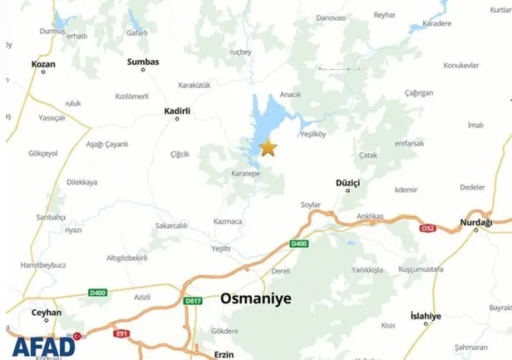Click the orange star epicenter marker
268,148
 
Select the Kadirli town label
177,110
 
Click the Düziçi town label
348,182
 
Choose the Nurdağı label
476,223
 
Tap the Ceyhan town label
47,313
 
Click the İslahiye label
426,316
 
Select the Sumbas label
142,62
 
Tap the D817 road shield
193,301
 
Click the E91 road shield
122,333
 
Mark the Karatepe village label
246,175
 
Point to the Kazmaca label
227,221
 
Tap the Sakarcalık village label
172,225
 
